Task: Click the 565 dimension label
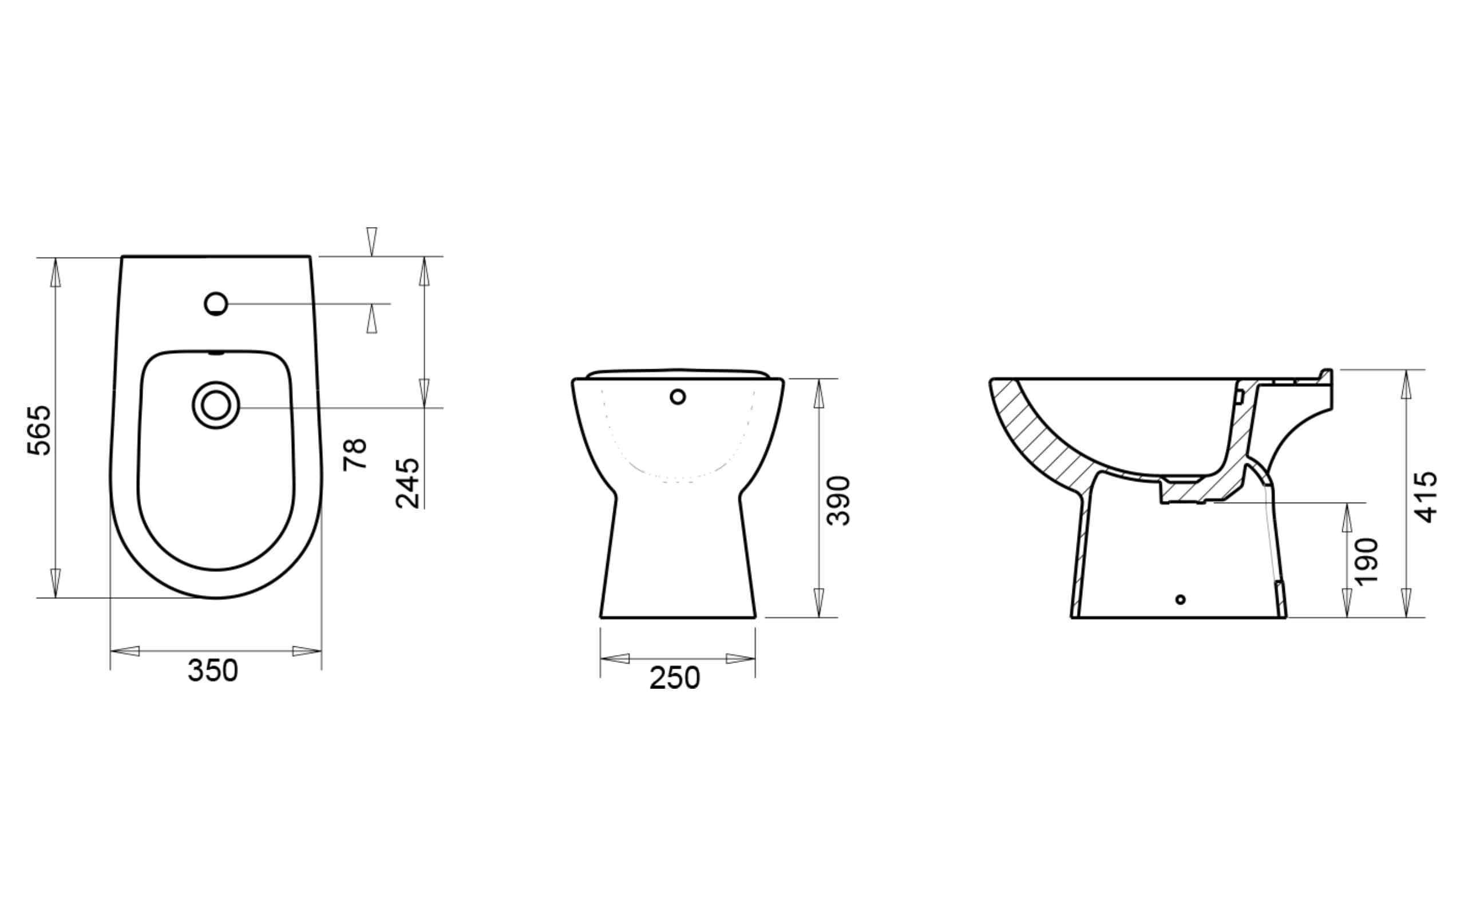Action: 39,430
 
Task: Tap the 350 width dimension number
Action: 212,670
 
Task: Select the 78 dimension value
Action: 355,455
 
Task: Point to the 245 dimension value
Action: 407,483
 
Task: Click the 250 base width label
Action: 674,678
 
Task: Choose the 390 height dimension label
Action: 838,500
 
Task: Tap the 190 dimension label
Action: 1367,562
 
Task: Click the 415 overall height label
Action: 1425,498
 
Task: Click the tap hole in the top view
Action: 216,303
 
